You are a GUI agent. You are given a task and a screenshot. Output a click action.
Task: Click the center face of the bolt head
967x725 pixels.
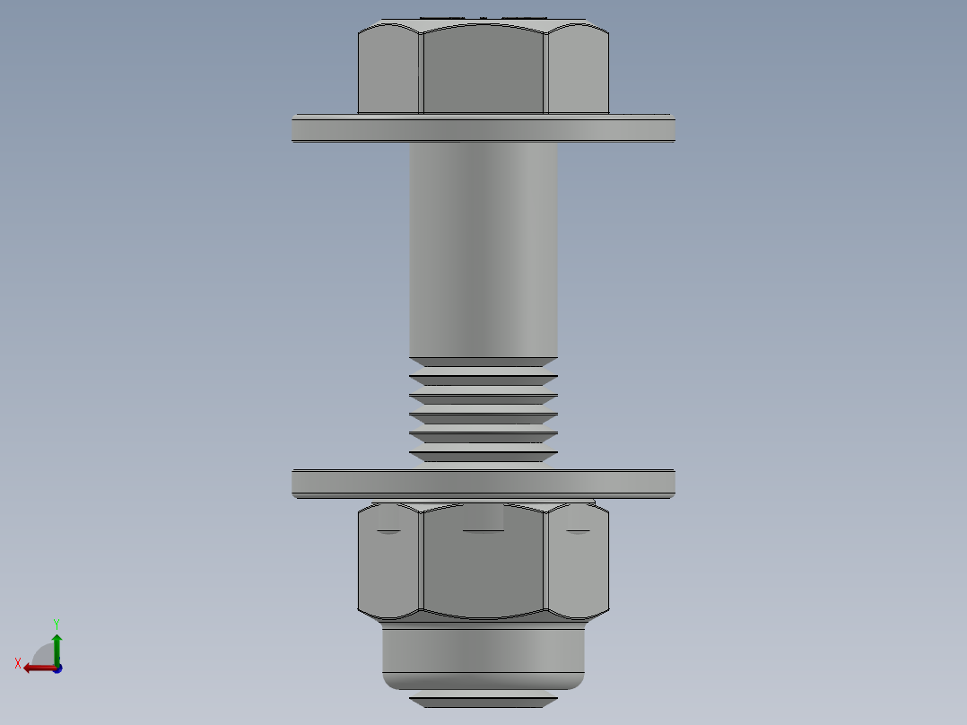pyautogui.click(x=483, y=70)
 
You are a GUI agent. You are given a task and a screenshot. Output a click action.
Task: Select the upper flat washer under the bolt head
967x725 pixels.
pyautogui.click(x=483, y=130)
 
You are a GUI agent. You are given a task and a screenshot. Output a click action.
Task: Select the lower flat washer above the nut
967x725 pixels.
pyautogui.click(x=483, y=484)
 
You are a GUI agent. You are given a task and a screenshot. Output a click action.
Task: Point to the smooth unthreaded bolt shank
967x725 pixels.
pyautogui.click(x=483, y=251)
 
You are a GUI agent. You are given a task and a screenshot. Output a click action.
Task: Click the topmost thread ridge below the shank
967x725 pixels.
pyautogui.click(x=483, y=362)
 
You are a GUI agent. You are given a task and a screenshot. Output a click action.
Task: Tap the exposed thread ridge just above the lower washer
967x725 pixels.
pyautogui.click(x=483, y=457)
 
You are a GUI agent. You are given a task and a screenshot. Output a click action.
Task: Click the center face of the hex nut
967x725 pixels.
pyautogui.click(x=483, y=565)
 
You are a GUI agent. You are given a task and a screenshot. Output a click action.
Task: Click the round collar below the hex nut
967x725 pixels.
pyautogui.click(x=483, y=653)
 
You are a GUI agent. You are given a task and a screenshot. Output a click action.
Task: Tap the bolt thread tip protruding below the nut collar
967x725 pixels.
pyautogui.click(x=483, y=701)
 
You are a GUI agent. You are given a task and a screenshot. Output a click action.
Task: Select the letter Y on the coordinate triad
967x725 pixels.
pyautogui.click(x=57, y=623)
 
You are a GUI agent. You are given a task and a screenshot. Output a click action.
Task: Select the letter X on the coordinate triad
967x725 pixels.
pyautogui.click(x=18, y=663)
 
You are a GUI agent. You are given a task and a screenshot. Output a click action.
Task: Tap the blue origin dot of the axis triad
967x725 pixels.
pyautogui.click(x=57, y=668)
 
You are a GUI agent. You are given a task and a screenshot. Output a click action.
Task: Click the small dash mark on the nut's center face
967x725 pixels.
pyautogui.click(x=483, y=531)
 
